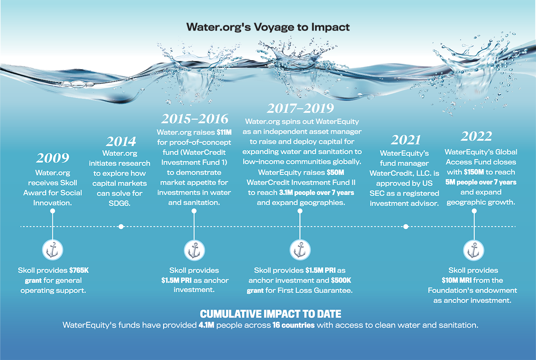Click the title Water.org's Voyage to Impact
point(268,27)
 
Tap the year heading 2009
point(53,158)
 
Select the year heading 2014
point(121,142)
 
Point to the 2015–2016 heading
point(195,119)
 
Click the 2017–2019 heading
point(301,108)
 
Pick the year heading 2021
point(406,140)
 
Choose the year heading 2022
point(476,136)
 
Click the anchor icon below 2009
point(53,250)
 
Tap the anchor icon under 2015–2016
point(194,251)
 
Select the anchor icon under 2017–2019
point(300,250)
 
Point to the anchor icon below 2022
point(474,251)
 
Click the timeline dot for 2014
point(121,227)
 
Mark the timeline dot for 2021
point(406,227)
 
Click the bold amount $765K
point(79,270)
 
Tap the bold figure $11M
point(224,132)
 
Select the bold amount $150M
point(474,172)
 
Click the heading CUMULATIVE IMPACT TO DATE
point(271,314)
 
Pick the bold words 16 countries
point(293,325)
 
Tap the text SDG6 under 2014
point(119,203)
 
